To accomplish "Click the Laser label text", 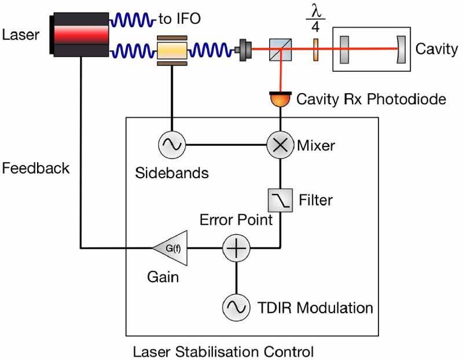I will [21, 35].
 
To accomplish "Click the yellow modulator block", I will [172, 50].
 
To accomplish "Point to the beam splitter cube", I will [280, 50].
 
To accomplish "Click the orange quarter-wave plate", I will [316, 50].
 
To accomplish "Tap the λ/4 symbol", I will [316, 19].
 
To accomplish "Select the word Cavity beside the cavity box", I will [436, 49].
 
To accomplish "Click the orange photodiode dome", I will [280, 99].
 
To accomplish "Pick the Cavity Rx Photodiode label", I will [370, 100].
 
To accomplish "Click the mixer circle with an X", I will [280, 145].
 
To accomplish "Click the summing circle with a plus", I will [236, 249].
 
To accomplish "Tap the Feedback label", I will [36, 168].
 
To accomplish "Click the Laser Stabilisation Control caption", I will [223, 351].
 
